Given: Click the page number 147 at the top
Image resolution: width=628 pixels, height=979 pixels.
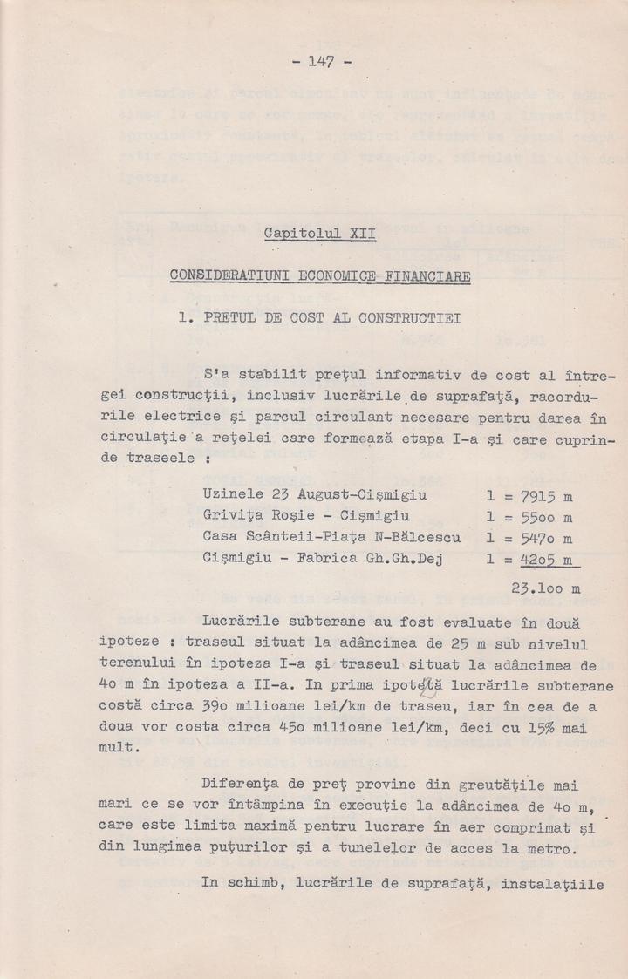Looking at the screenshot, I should point(322,62).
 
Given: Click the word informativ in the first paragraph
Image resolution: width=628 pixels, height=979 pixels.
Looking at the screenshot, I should point(420,376).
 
